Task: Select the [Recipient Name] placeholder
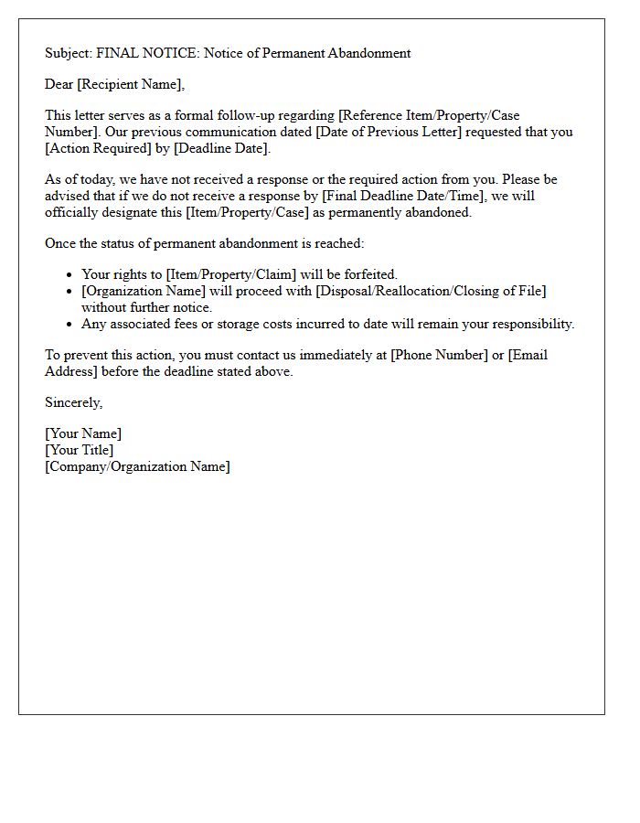tap(131, 84)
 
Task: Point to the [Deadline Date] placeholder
tap(221, 148)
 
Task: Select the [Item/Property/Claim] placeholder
tap(231, 274)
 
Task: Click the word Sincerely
tap(73, 402)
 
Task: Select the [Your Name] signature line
tap(83, 433)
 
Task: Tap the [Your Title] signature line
tap(80, 450)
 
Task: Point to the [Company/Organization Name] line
tap(137, 466)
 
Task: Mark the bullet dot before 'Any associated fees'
tap(69, 324)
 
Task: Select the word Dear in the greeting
tap(59, 84)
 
